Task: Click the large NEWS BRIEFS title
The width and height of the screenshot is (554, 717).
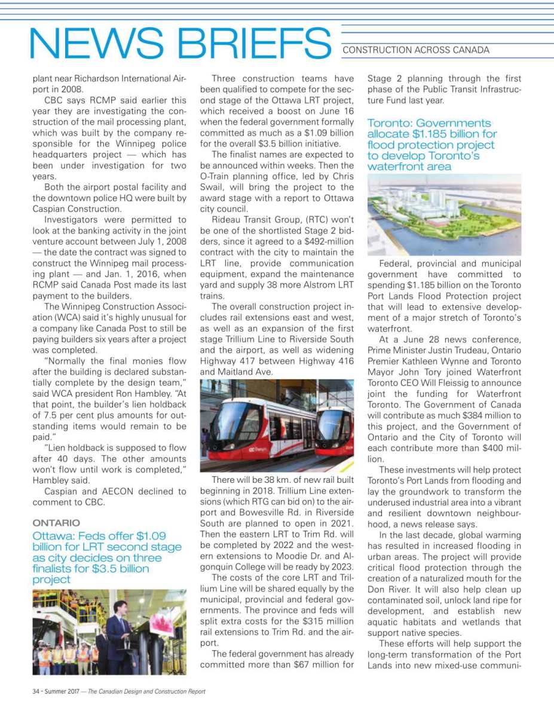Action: coord(180,44)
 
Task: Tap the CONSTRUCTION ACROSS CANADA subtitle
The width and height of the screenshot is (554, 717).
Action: coord(415,50)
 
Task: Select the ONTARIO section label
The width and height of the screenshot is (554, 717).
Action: coord(56,523)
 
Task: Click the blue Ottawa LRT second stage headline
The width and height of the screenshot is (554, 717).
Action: coord(107,557)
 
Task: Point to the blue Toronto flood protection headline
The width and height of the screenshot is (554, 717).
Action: coord(432,145)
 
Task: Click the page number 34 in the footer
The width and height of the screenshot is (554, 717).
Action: coord(36,691)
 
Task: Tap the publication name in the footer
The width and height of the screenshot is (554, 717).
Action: coord(146,691)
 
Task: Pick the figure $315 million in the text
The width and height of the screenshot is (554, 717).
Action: coord(332,621)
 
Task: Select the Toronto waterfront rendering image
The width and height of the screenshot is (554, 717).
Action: coord(444,215)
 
